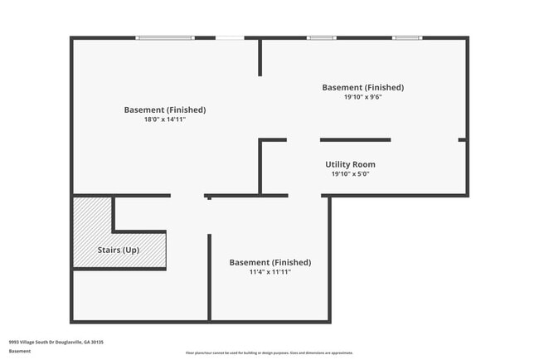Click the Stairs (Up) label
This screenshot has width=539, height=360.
coord(119,250)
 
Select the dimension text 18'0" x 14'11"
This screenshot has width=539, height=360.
coord(165,119)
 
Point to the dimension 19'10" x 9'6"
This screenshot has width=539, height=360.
coord(362,97)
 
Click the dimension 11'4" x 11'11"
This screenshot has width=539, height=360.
coord(269,272)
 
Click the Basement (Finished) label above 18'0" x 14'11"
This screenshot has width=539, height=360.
coord(165,109)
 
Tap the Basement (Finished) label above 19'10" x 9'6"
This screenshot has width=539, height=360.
coord(362,87)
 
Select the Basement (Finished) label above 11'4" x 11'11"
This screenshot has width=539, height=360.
coord(269,262)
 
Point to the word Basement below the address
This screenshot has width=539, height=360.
coord(20,351)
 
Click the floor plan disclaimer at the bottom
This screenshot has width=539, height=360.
coord(269,353)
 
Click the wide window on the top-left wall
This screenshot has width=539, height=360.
coord(165,37)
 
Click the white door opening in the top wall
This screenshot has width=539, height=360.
coord(230,37)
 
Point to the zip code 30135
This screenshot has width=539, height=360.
coord(97,342)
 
